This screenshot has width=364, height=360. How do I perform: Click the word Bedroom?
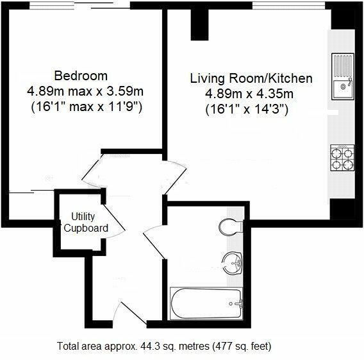pyautogui.click(x=81, y=75)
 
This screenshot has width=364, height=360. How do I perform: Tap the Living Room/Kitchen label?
pyautogui.click(x=251, y=79)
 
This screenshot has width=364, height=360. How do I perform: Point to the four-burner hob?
pyautogui.click(x=342, y=158)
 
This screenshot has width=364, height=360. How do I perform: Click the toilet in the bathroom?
pyautogui.click(x=229, y=226)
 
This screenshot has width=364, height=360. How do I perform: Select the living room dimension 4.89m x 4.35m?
pyautogui.click(x=251, y=94)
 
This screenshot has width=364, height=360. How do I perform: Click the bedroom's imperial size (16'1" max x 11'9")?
pyautogui.click(x=87, y=106)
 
